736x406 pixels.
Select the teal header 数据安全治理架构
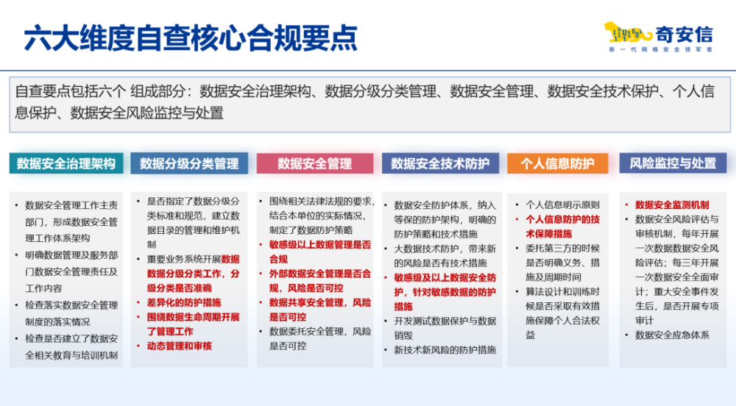(x=66, y=163)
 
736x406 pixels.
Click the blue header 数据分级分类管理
(x=189, y=163)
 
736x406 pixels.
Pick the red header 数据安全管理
(x=314, y=163)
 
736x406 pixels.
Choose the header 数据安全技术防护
(x=439, y=163)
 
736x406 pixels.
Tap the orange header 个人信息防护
(x=557, y=163)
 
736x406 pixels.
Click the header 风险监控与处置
(x=673, y=163)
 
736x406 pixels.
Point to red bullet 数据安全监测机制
(x=672, y=204)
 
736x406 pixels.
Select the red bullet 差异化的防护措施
(x=183, y=302)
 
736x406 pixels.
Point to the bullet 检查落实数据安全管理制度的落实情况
(x=71, y=312)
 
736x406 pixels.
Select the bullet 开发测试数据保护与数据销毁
(x=445, y=328)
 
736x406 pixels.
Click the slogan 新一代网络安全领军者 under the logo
(x=661, y=50)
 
